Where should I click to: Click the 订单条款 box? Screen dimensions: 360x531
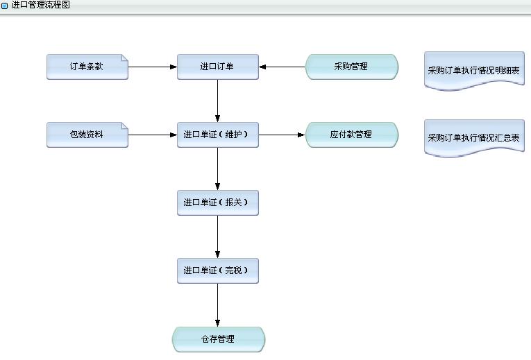tap(87, 67)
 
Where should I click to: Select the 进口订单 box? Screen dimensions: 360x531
tap(217, 67)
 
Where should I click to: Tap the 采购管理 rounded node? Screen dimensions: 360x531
tap(351, 67)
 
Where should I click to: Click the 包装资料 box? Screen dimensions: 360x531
tap(87, 135)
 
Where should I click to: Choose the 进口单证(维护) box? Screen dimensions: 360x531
tap(217, 135)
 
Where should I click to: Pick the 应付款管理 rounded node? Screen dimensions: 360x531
tap(351, 135)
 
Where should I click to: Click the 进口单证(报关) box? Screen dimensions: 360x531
tap(217, 203)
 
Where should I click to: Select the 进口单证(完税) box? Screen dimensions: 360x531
tap(217, 270)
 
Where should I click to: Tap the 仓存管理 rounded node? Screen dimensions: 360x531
tap(218, 339)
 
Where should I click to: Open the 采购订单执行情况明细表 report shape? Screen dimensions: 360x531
tap(474, 71)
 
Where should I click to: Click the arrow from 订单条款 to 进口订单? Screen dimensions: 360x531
tap(153, 67)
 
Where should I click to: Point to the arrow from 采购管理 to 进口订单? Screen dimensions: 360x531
tap(283, 67)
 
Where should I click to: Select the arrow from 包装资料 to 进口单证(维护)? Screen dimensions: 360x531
tap(153, 135)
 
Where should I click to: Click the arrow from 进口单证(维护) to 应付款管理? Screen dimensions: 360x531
tap(282, 135)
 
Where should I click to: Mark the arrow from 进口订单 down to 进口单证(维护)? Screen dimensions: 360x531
tap(217, 101)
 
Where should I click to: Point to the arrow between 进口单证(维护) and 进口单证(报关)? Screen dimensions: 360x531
tap(217, 169)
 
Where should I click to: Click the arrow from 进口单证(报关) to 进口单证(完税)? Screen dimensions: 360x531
tap(217, 236)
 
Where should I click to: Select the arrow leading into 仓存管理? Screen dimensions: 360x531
tap(217, 305)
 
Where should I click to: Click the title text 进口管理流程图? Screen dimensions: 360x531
tap(40, 5)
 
